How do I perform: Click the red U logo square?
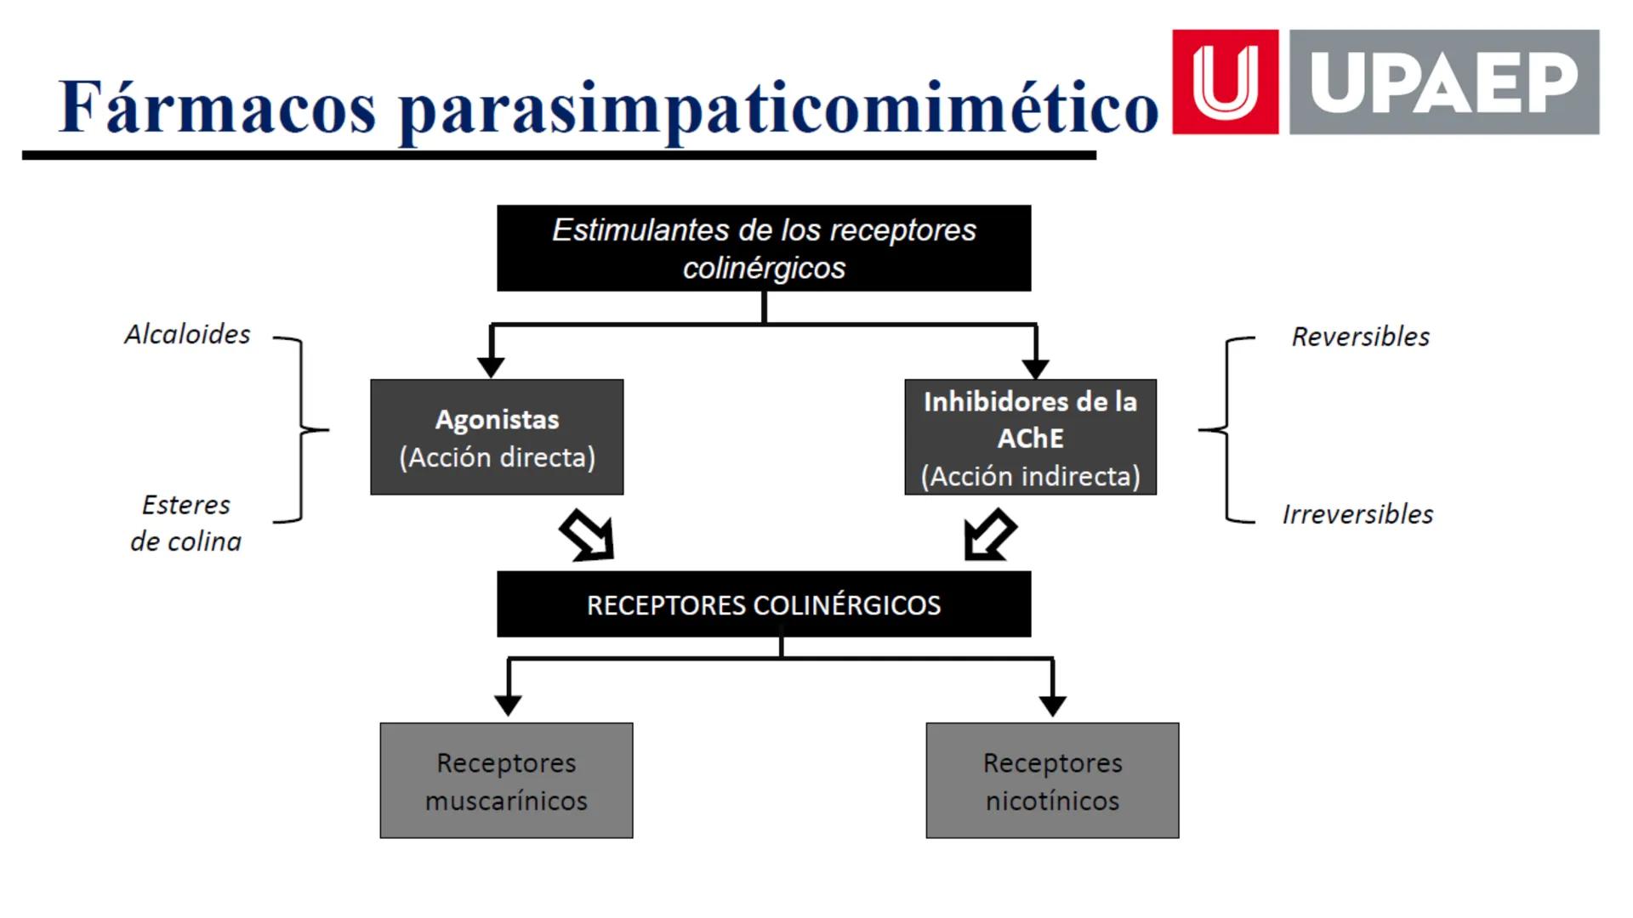[1225, 82]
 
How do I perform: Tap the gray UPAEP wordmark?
[1443, 82]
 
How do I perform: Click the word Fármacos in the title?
[217, 107]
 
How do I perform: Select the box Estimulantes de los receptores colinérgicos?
[764, 248]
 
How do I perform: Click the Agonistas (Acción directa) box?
[497, 437]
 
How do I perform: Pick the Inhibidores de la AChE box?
[1030, 437]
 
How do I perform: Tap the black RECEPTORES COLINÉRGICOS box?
[764, 604]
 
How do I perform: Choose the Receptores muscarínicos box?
[506, 780]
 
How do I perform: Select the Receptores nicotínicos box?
[1052, 780]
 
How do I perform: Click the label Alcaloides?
[188, 334]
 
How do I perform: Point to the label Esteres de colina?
[186, 523]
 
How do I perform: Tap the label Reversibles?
[1360, 337]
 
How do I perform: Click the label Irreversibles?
[1357, 514]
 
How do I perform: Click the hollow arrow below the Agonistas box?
[588, 535]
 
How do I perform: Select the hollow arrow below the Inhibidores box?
[989, 535]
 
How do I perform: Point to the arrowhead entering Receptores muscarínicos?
[508, 705]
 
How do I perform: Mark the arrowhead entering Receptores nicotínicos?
[1052, 705]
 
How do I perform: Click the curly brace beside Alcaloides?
[303, 429]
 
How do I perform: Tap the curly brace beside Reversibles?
[1225, 429]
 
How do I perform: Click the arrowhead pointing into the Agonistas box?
[491, 367]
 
